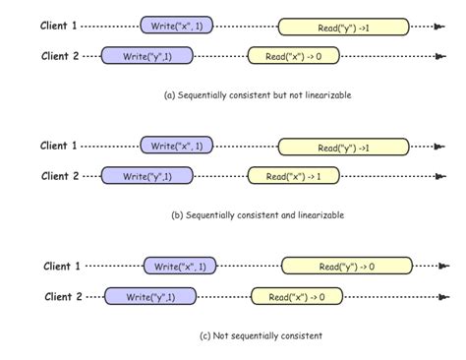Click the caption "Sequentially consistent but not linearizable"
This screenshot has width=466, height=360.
[258, 95]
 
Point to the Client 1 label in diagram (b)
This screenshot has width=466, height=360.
[59, 146]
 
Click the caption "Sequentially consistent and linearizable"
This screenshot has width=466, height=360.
[259, 214]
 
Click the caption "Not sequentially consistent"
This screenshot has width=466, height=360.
[261, 335]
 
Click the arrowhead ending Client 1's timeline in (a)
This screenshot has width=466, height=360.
[438, 27]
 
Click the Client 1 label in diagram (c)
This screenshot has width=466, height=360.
[62, 266]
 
